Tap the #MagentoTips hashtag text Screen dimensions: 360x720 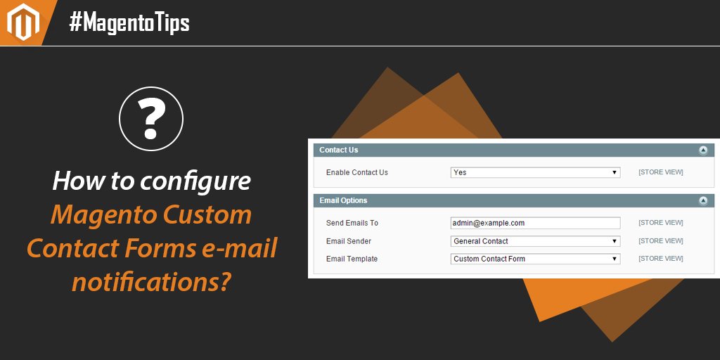point(129,23)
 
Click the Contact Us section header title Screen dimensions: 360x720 point(338,150)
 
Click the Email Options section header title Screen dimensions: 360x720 point(343,200)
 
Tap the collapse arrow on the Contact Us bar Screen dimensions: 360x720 point(702,150)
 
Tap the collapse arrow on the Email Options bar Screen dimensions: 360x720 point(702,201)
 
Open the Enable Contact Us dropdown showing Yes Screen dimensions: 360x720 point(535,172)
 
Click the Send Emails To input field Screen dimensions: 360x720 point(535,223)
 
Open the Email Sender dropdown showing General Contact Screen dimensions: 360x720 point(535,241)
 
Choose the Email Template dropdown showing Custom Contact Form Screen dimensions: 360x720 point(535,259)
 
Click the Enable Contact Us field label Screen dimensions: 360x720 point(356,172)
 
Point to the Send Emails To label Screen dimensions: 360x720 point(352,223)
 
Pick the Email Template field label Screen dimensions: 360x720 point(352,259)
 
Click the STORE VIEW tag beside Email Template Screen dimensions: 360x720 point(660,259)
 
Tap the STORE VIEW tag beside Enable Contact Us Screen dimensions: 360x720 point(660,172)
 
